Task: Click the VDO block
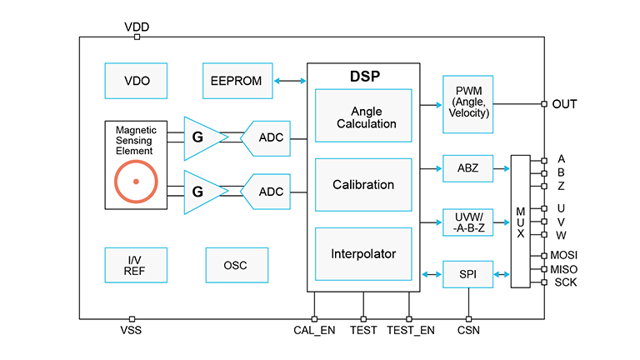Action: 136,81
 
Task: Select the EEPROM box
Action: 237,81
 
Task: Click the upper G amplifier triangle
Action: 202,133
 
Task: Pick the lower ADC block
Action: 267,191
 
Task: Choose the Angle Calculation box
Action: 363,117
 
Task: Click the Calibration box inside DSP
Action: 363,185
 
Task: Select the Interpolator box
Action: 363,254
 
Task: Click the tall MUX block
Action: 520,221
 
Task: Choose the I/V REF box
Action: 136,265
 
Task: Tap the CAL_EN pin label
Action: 314,331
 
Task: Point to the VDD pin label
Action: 137,27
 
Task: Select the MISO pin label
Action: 564,269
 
